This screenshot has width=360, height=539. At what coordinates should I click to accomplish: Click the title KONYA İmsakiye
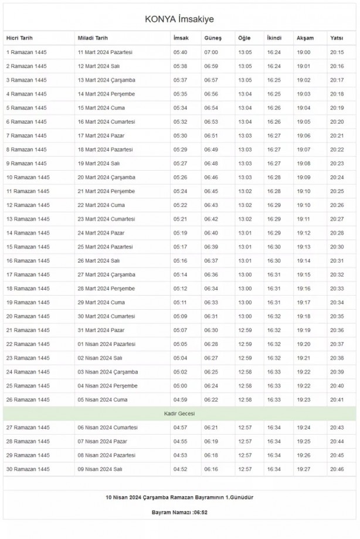(x=179, y=19)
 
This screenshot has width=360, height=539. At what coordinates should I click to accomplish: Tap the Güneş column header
(x=212, y=38)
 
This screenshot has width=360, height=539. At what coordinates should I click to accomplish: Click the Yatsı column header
(x=337, y=38)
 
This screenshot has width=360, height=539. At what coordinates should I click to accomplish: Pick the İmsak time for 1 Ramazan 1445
(x=180, y=52)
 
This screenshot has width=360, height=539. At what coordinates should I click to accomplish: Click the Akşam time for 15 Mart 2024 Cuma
(x=304, y=108)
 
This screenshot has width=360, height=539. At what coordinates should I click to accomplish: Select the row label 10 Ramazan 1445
(x=28, y=177)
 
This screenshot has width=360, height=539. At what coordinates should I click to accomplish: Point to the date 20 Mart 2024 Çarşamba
(x=106, y=177)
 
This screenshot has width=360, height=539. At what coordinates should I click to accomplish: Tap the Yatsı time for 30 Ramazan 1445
(x=337, y=469)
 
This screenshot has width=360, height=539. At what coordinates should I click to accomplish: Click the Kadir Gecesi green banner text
(x=179, y=413)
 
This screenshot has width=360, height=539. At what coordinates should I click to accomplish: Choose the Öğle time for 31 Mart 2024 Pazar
(x=245, y=330)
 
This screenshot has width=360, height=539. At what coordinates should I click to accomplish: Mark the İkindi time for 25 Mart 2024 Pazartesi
(x=274, y=246)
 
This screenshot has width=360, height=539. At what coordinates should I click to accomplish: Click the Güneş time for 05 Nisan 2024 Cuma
(x=211, y=399)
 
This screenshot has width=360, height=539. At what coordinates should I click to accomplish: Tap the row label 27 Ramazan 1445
(x=28, y=427)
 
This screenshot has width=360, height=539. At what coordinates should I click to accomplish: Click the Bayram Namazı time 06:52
(x=197, y=512)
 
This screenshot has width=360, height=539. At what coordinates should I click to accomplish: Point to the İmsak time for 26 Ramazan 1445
(x=180, y=399)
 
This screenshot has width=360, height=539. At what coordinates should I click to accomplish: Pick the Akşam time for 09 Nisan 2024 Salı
(x=304, y=469)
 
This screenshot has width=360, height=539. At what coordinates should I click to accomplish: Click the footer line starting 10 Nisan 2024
(x=179, y=497)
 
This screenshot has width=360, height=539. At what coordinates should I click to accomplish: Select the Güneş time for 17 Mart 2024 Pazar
(x=211, y=135)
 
